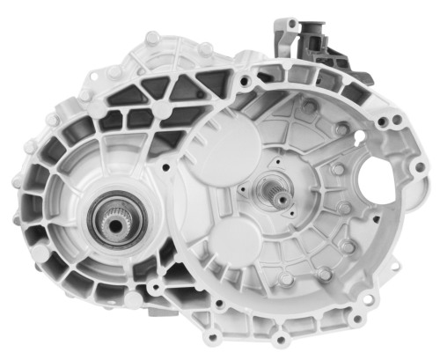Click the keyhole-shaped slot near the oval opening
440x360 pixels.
[x=358, y=136]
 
